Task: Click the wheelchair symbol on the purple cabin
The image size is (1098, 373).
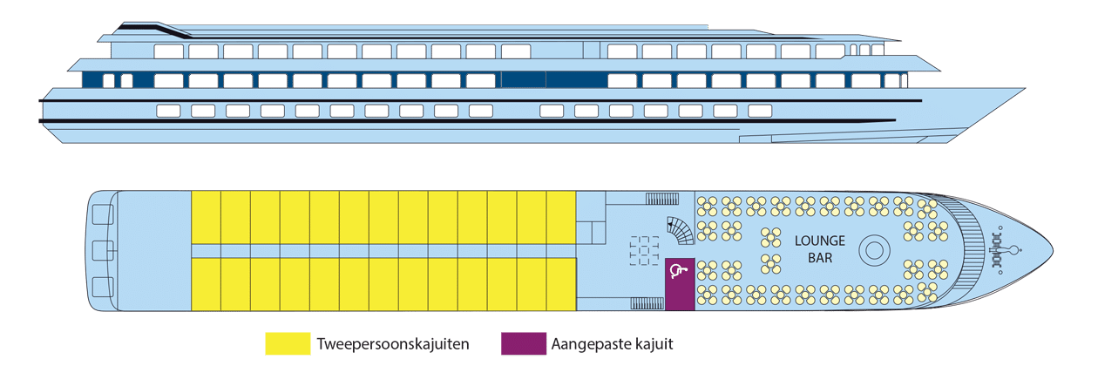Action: [x=679, y=270]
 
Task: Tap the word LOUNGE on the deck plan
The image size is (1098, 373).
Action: [x=819, y=241]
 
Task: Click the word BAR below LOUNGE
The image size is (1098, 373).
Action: [x=819, y=257]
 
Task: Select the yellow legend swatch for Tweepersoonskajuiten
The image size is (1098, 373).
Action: [x=288, y=343]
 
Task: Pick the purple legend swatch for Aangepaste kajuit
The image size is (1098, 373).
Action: [x=524, y=343]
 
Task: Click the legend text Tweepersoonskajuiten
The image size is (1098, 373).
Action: [x=393, y=343]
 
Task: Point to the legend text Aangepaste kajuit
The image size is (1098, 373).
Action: [x=612, y=343]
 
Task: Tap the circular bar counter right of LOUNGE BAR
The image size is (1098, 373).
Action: [x=874, y=250]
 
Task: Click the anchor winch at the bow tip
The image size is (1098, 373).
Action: [x=1000, y=250]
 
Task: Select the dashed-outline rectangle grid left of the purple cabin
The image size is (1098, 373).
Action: [x=644, y=250]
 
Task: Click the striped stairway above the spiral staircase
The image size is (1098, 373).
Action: [x=661, y=199]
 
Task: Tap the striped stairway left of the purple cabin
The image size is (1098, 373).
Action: [x=647, y=304]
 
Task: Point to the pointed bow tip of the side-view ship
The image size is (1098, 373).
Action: [x=1025, y=89]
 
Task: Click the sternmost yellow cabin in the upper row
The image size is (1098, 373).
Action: [x=206, y=218]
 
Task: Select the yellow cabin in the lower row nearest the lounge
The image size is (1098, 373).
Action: [x=561, y=284]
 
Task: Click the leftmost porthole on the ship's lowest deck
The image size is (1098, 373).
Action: [x=168, y=111]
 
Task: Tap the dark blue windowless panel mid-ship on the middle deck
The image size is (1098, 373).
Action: [x=554, y=79]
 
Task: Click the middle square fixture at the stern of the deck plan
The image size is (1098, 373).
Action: [x=103, y=250]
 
